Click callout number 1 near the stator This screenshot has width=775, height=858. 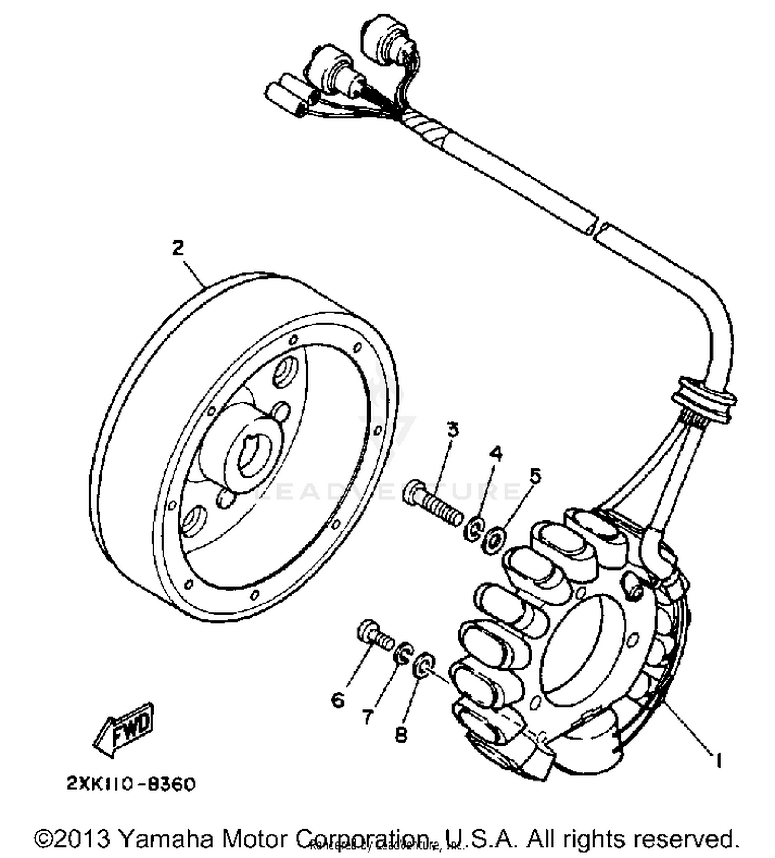(x=717, y=759)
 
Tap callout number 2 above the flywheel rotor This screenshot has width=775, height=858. (x=177, y=249)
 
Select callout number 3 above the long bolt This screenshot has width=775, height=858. (x=453, y=430)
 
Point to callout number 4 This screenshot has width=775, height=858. (x=495, y=454)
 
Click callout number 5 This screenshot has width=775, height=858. (x=535, y=476)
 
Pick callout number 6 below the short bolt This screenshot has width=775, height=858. (x=337, y=700)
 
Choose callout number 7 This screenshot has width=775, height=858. (x=367, y=716)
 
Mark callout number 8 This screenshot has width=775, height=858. (x=401, y=734)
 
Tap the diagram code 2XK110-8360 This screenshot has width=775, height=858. (x=131, y=784)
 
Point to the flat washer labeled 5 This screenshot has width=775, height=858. (x=494, y=539)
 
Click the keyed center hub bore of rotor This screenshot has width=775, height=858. (x=252, y=453)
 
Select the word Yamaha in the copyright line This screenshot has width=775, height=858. (x=165, y=838)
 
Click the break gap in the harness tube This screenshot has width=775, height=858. (x=599, y=229)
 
